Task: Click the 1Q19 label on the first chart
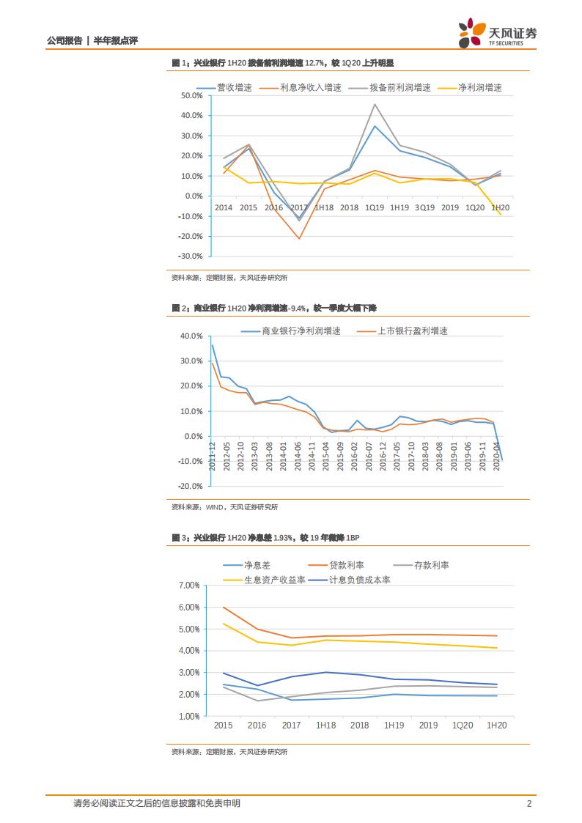tap(375, 208)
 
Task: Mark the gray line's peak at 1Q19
tap(375, 104)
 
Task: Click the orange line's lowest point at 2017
tap(299, 238)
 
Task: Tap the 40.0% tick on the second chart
tap(191, 336)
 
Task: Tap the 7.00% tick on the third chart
tap(188, 586)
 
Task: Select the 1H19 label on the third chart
tap(394, 725)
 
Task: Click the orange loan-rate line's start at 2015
tap(223, 607)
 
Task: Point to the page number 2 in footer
tap(529, 803)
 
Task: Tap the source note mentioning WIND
tap(225, 506)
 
